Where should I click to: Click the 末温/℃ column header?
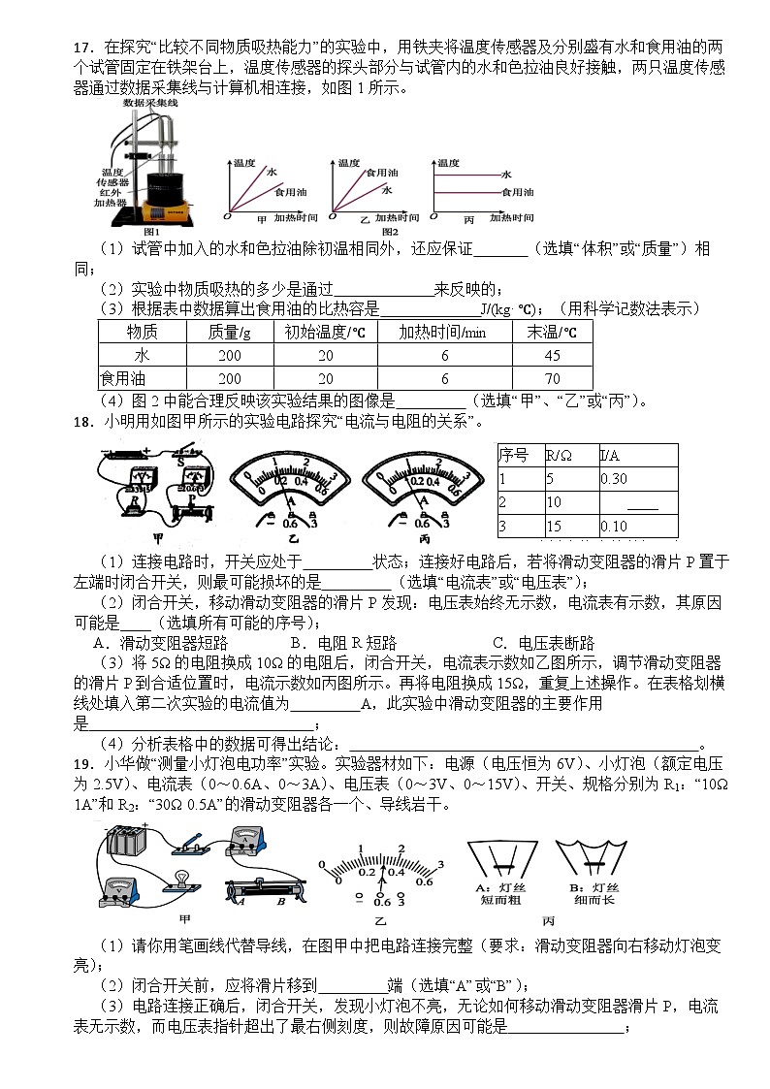[552, 332]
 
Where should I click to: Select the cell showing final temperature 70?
[552, 378]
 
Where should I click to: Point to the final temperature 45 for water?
[552, 355]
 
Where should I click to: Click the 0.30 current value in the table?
[614, 478]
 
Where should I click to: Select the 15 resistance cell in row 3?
[555, 526]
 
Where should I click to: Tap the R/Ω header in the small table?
[559, 455]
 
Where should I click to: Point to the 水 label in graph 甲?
[273, 172]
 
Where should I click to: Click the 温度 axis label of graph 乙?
[347, 163]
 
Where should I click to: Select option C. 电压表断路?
[544, 642]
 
